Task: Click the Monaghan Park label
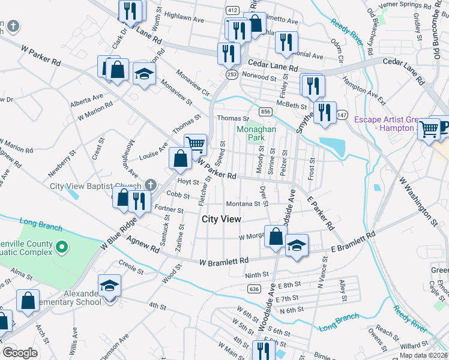(x=251, y=133)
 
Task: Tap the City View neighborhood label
(x=221, y=220)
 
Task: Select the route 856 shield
(x=265, y=112)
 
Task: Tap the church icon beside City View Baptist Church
(x=150, y=184)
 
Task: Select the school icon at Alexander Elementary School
(x=109, y=286)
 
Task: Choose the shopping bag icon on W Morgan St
(x=276, y=236)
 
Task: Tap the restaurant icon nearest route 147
(x=325, y=112)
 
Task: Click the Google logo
(x=20, y=353)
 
